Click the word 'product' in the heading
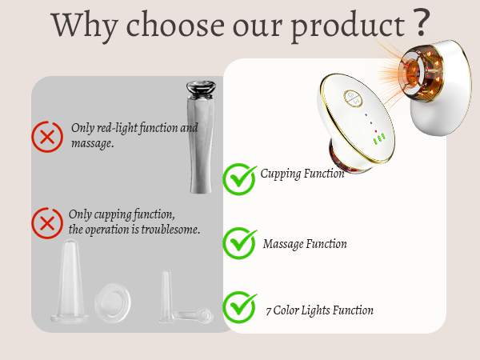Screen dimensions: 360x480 tap(346, 26)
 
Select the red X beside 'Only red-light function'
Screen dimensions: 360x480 tap(48, 136)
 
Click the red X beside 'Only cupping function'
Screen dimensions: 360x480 tap(48, 222)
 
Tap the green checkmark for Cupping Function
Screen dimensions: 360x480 tap(238, 178)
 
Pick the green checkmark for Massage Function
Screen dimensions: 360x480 tap(238, 243)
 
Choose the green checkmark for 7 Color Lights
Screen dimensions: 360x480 tap(238, 307)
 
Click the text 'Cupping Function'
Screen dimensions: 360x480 tap(302, 174)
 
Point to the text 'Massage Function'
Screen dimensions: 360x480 tap(305, 244)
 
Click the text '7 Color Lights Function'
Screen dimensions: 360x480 tap(319, 310)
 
